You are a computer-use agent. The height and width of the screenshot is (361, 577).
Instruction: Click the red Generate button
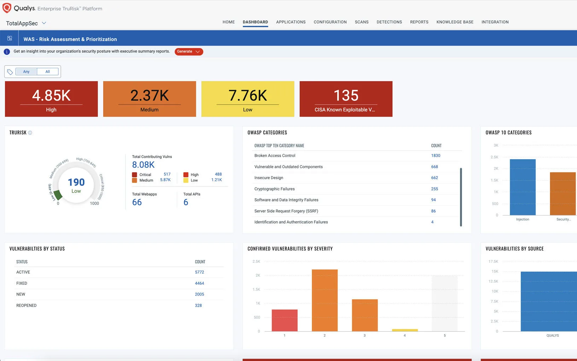coord(188,52)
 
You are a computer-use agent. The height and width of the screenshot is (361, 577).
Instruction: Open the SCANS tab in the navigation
coord(361,22)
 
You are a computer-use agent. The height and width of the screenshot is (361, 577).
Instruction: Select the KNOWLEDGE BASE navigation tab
coord(455,22)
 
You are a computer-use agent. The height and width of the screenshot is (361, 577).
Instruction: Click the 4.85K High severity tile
coord(51,99)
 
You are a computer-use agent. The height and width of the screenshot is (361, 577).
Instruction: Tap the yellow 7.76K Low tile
coord(247,99)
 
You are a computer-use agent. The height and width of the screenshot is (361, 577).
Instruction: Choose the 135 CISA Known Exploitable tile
coord(346,99)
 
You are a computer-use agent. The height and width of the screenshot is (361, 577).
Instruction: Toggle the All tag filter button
coord(47,72)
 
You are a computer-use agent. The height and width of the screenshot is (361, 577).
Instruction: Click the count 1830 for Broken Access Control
coord(436,156)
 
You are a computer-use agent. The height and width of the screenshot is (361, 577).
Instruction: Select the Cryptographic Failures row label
coord(274,189)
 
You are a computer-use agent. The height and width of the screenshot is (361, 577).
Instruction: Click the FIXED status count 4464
coord(199,283)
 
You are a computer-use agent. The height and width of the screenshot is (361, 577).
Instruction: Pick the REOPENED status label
coord(27,306)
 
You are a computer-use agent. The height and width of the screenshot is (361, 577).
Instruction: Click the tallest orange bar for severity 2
coord(325,300)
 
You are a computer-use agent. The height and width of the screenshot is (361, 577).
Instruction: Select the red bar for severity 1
coord(285,320)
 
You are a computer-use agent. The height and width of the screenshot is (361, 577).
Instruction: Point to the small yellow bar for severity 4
coord(405,330)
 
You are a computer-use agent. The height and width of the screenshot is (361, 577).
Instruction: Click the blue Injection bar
coord(523,187)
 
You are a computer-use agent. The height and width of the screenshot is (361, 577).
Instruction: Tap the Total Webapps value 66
coord(137,202)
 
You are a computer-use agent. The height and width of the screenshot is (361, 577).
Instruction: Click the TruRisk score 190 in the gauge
coord(76,182)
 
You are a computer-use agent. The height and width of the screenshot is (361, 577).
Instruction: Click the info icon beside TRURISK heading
coord(30,133)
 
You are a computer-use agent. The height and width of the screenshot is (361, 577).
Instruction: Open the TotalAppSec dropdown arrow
coord(44,23)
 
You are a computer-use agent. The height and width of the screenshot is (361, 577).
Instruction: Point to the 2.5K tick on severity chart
coord(256,262)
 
